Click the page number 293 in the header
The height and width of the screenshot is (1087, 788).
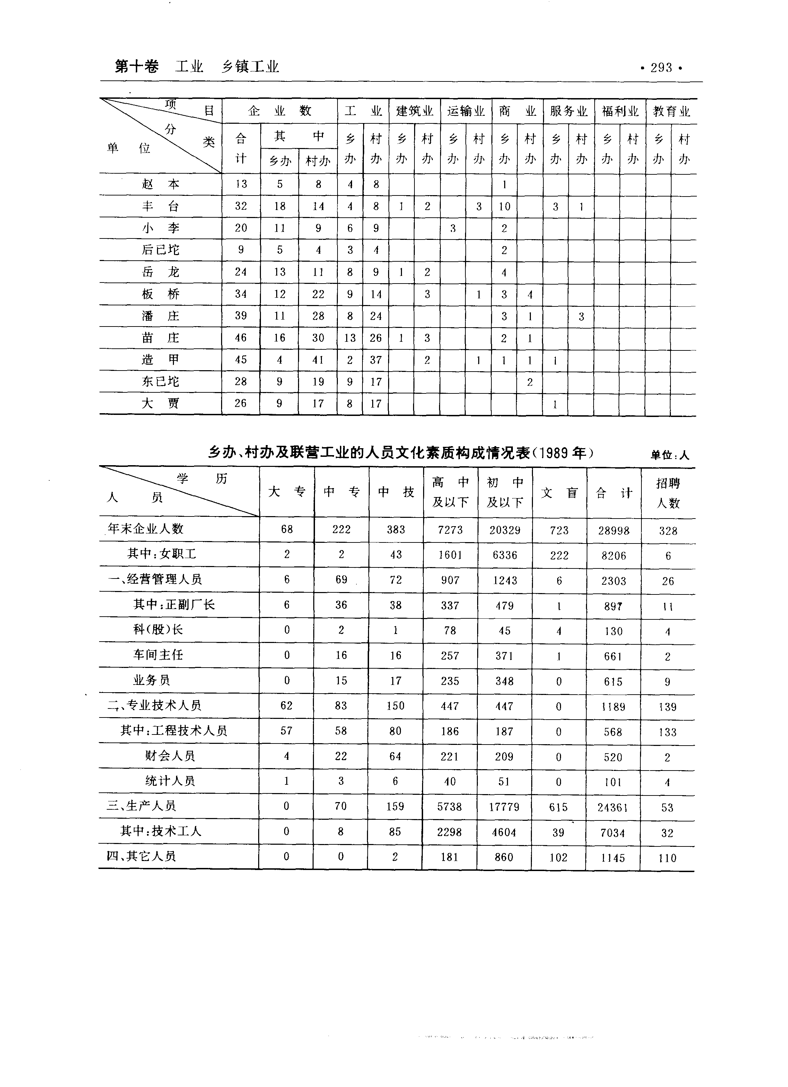(661, 68)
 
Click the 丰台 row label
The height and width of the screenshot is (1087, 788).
(160, 206)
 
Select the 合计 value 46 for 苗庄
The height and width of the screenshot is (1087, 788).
(240, 338)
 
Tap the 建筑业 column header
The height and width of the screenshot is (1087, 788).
(414, 111)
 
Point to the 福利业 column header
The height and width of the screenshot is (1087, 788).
(620, 111)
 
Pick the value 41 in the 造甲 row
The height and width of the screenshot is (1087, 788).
(318, 360)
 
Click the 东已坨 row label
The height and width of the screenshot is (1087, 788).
(160, 382)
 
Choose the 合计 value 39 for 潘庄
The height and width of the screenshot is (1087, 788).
(240, 316)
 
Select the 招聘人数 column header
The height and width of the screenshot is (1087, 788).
(668, 493)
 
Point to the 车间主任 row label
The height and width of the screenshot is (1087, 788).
(158, 655)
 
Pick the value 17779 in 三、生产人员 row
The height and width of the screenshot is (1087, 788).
(504, 807)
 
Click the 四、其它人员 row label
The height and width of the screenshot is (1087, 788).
(141, 856)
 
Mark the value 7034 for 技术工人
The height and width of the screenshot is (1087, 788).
(613, 833)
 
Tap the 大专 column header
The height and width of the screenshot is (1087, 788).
(287, 492)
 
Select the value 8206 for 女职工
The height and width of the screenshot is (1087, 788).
(614, 556)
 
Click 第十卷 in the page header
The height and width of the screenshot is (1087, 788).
(137, 67)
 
